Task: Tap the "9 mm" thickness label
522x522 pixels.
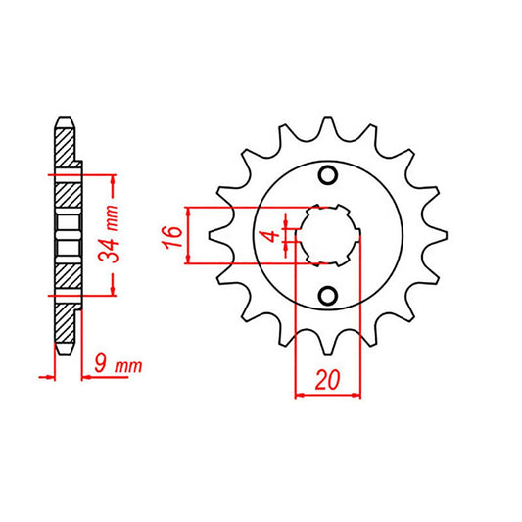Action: (x=116, y=365)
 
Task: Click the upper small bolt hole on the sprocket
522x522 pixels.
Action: (x=328, y=175)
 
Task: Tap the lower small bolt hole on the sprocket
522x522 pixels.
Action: (x=328, y=294)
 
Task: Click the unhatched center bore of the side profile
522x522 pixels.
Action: (x=65, y=235)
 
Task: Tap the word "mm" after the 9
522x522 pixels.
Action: (x=128, y=365)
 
